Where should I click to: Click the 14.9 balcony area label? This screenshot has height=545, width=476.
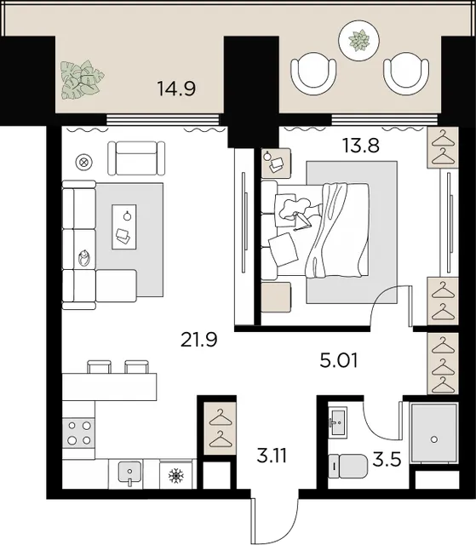[x=176, y=89]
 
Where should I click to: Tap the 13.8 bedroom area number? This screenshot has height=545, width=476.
[x=361, y=146]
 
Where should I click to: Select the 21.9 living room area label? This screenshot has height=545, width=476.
[x=198, y=339]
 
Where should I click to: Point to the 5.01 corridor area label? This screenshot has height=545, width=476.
[x=338, y=360]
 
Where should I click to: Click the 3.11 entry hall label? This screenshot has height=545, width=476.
[x=272, y=456]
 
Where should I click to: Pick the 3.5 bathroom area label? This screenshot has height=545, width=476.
[x=387, y=460]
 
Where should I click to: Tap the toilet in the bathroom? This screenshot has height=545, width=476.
[x=347, y=466]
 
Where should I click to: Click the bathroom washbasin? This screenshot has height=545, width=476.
[x=337, y=422]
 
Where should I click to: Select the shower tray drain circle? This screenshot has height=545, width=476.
[x=434, y=439]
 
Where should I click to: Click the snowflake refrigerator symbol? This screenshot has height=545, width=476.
[x=175, y=475]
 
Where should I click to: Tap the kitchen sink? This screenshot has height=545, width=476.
[x=129, y=473]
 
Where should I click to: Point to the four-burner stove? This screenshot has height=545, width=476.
[x=79, y=433]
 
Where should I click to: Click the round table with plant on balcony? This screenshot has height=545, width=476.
[x=358, y=40]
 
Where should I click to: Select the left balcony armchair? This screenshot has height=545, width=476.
[x=313, y=74]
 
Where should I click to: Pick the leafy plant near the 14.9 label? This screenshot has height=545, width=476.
[x=83, y=79]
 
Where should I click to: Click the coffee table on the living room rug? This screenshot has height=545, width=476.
[x=124, y=227]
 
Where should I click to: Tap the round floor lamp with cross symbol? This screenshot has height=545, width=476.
[x=84, y=162]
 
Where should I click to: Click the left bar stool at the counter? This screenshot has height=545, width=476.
[x=100, y=366]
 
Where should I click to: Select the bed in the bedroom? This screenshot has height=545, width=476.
[x=315, y=230]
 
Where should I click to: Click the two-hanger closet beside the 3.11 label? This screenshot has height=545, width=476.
[x=221, y=428]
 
